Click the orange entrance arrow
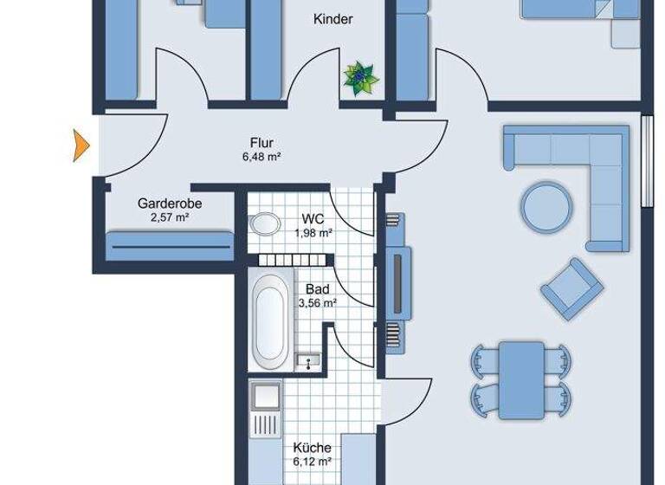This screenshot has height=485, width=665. pos(81,144)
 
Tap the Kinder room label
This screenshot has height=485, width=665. pos(332,19)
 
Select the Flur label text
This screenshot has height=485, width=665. pos(262,143)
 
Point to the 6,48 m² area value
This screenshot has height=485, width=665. pos(262,157)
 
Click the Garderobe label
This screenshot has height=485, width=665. pos(170,204)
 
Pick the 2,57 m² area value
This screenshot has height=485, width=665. pos(170,217)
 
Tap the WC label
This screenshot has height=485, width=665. pos(313,218)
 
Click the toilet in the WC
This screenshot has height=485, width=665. pos(263,224)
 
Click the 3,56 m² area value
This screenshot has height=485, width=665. pos(317,303)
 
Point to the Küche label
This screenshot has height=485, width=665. pos(312,448)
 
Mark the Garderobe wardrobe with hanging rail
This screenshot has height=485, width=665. pos(170,247)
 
